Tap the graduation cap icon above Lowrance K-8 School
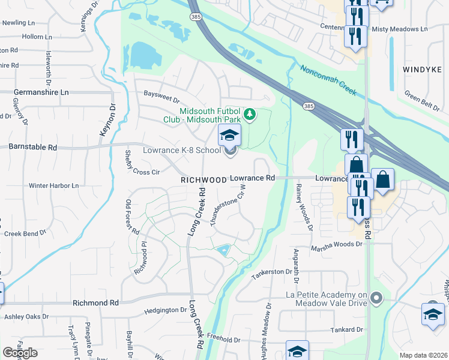tap(229, 136)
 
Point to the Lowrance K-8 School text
tap(181, 150)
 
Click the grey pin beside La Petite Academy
tap(376, 297)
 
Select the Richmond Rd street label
tap(95, 304)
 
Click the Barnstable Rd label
tap(32, 146)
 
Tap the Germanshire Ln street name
tap(41, 92)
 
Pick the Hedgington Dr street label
tap(166, 310)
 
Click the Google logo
tap(20, 352)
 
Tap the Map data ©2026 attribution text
tap(423, 355)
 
